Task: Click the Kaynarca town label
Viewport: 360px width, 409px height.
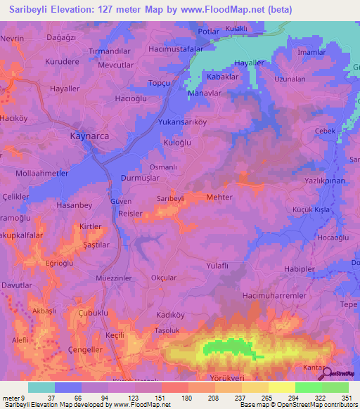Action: click(91, 136)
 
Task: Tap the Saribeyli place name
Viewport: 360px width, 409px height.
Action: click(170, 199)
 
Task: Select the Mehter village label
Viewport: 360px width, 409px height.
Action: click(219, 197)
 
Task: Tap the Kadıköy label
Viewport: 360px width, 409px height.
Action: click(169, 314)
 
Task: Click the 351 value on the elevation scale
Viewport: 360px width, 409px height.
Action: click(345, 398)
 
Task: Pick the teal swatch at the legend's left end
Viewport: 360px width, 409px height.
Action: click(41, 387)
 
